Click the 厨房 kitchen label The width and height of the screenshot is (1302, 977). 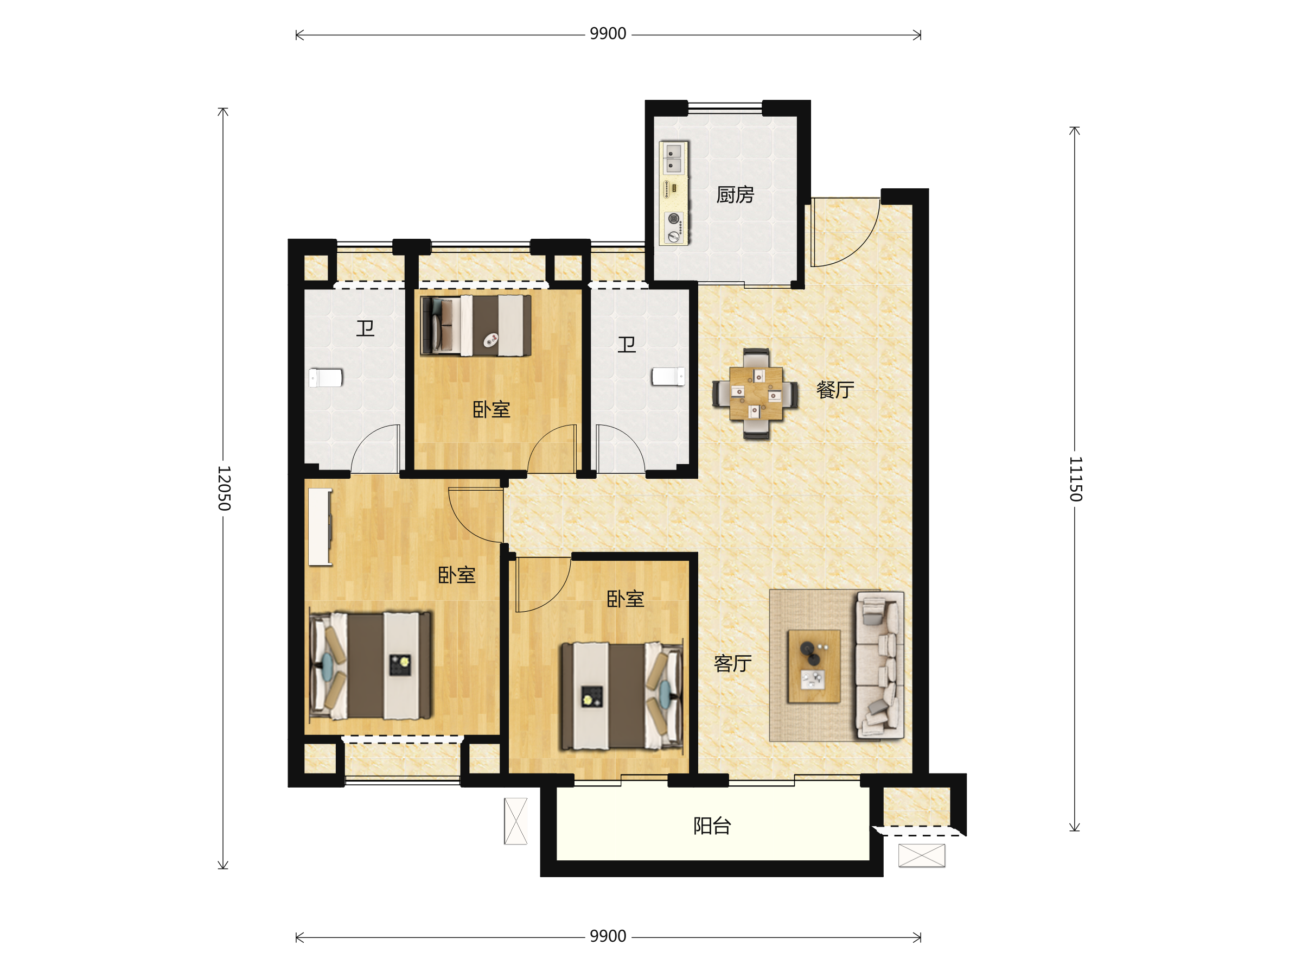(735, 195)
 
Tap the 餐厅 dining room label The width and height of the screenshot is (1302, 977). (835, 390)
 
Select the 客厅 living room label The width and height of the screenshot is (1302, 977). (733, 664)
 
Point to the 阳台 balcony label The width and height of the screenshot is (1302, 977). (712, 826)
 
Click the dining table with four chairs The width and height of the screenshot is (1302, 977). (756, 394)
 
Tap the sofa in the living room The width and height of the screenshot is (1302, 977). (880, 665)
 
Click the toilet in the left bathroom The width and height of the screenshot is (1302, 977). (325, 377)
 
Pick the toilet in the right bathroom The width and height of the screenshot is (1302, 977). (668, 376)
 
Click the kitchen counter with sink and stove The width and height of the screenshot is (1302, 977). (674, 193)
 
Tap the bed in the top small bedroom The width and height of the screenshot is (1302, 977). (476, 326)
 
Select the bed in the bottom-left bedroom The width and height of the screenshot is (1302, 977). (370, 665)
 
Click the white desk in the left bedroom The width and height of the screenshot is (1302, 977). (320, 527)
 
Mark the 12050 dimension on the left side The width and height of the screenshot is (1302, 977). (224, 488)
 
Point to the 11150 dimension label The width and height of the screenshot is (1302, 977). (1075, 479)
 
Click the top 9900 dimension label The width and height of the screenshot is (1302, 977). (608, 34)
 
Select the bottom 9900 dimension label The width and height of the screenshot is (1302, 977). (608, 936)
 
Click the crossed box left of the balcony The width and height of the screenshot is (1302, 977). (515, 821)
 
